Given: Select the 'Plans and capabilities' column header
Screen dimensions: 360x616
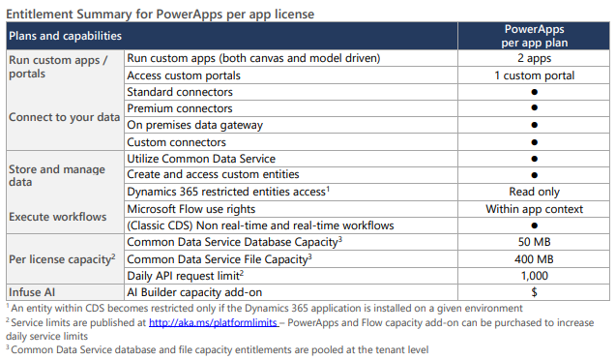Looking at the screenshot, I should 65,35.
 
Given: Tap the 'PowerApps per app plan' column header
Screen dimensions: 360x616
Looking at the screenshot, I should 533,36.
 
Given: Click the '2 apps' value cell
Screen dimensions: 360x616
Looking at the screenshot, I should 533,58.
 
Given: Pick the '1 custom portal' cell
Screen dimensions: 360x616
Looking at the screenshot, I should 533,75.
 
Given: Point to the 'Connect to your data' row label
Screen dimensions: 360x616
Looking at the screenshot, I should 64,117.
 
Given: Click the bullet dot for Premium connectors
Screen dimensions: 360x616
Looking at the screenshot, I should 534,108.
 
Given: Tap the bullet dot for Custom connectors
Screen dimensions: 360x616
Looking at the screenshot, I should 534,141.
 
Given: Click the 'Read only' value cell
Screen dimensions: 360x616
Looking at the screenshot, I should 533,192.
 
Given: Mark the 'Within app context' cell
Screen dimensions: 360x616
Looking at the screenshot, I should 533,208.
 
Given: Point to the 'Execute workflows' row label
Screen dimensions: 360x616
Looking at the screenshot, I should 57,216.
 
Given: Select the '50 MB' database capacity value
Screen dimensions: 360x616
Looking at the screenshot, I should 533,242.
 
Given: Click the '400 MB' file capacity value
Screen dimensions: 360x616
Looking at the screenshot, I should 533,258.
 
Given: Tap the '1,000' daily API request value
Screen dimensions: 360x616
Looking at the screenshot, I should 533,275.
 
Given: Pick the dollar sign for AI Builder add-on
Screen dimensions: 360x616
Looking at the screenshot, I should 533,291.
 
